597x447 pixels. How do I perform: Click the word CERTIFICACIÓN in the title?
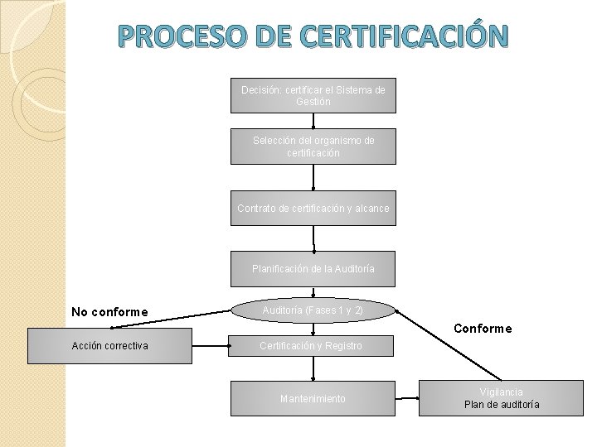click(403, 36)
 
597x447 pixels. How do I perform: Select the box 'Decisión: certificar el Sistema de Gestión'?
click(313, 95)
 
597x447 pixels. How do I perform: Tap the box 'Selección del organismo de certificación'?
click(313, 147)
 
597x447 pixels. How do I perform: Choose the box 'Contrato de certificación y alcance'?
click(313, 208)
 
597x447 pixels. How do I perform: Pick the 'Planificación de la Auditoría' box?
click(313, 269)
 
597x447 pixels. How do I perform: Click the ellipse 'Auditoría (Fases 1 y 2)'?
click(313, 310)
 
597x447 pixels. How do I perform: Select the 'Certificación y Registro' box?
click(311, 345)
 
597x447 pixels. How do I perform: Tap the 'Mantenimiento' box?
click(313, 399)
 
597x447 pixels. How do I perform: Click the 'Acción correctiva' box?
click(109, 346)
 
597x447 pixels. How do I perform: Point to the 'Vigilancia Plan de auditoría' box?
click(501, 398)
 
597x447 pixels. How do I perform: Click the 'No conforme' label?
click(109, 312)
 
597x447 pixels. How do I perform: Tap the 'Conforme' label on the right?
click(483, 329)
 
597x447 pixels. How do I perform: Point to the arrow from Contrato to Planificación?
click(313, 238)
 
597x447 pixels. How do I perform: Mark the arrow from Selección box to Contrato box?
click(313, 177)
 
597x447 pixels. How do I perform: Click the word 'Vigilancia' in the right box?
click(501, 392)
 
